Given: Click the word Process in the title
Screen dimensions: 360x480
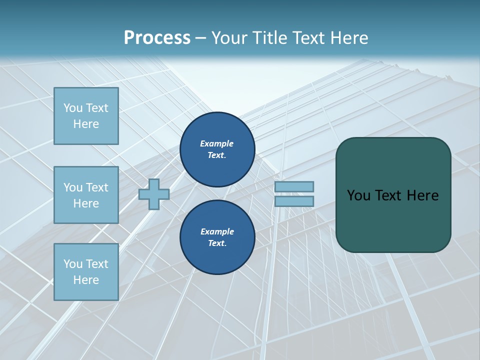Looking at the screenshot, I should pyautogui.click(x=157, y=38).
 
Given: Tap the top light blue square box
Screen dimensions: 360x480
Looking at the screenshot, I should pyautogui.click(x=86, y=116).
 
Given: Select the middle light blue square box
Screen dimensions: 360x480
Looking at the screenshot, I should pyautogui.click(x=86, y=195).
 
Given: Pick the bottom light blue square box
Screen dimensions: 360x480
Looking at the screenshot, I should pyautogui.click(x=86, y=272).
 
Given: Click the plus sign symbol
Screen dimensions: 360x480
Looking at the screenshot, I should pyautogui.click(x=154, y=194).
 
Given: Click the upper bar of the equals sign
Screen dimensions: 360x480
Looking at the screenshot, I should pyautogui.click(x=294, y=186).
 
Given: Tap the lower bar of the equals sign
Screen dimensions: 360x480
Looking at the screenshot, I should pyautogui.click(x=294, y=201).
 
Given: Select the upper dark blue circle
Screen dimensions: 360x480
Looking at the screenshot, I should pyautogui.click(x=217, y=149).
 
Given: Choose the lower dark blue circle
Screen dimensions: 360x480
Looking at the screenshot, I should pyautogui.click(x=217, y=237).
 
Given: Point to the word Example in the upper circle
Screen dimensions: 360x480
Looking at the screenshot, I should pyautogui.click(x=217, y=143).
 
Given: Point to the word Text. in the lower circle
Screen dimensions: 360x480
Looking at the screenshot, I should pyautogui.click(x=217, y=243).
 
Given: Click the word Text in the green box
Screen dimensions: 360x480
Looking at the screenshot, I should pyautogui.click(x=389, y=195).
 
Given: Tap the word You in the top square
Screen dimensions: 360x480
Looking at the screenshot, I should pyautogui.click(x=72, y=108).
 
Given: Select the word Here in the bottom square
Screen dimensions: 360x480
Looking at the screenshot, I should pyautogui.click(x=86, y=280).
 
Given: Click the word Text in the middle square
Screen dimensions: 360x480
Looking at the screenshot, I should pyautogui.click(x=97, y=187).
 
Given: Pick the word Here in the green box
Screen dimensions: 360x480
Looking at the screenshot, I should pyautogui.click(x=423, y=195).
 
